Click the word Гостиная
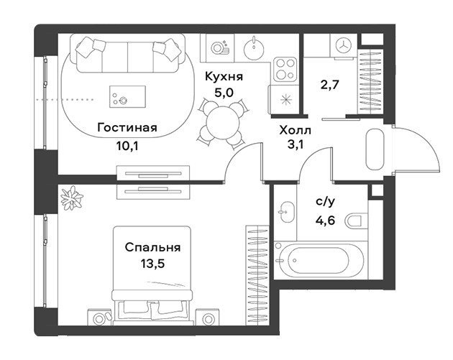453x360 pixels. point(127,128)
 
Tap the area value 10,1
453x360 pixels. point(127,146)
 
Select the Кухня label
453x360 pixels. point(224,77)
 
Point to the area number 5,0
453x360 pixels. point(224,93)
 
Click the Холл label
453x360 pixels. point(296,131)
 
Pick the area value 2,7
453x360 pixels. point(329,85)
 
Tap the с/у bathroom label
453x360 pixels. point(326,201)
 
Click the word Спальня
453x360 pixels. point(153,247)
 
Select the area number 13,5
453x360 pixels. point(153,263)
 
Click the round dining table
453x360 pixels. point(223,123)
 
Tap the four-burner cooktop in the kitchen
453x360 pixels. point(285,69)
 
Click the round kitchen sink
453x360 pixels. point(254,48)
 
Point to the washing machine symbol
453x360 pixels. point(343,45)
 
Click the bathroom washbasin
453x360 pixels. point(287,212)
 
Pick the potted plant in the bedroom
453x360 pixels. point(72,198)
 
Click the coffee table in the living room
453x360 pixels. point(127,97)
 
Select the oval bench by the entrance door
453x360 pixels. point(375,149)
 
